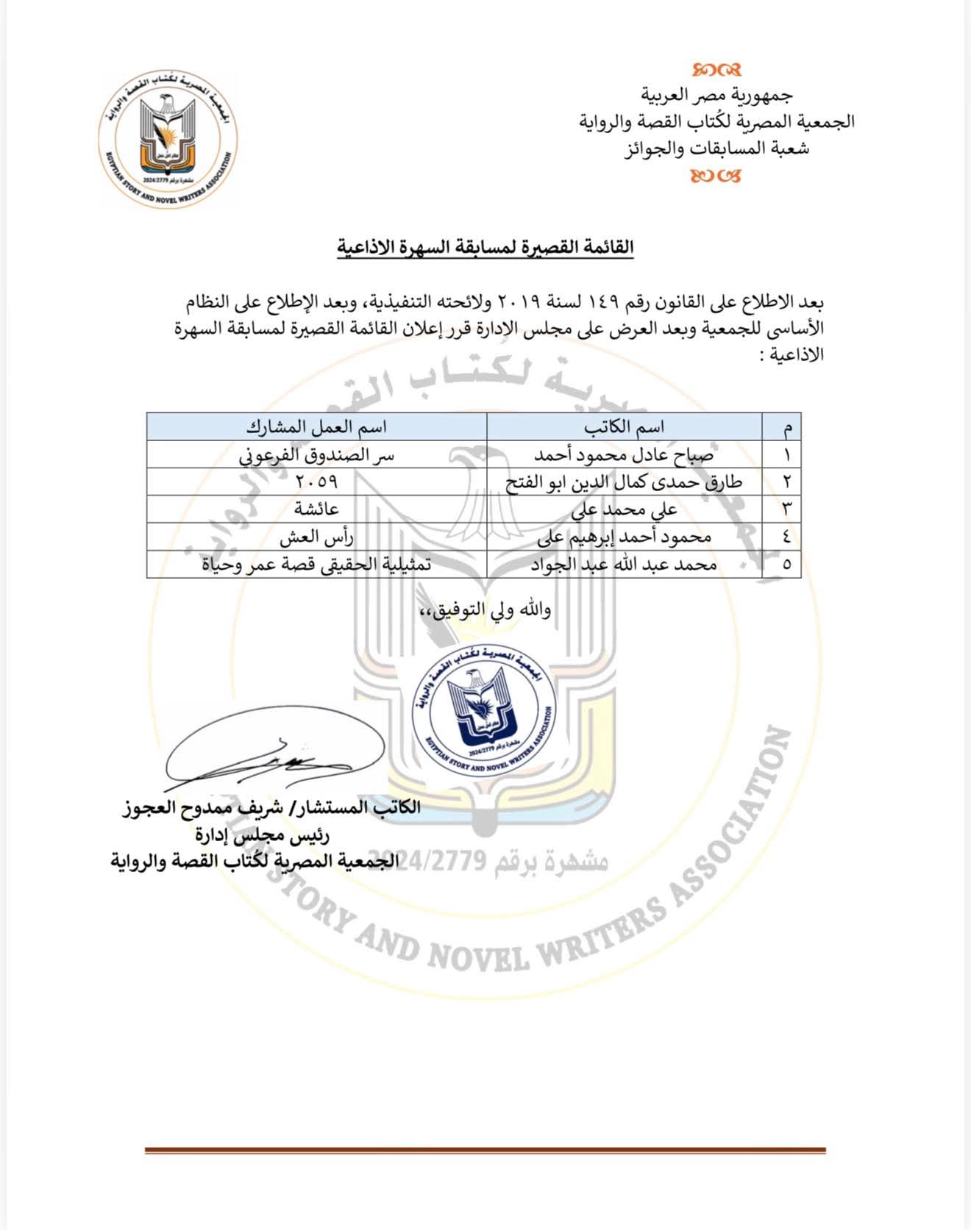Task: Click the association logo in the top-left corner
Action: click(x=168, y=140)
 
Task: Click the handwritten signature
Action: click(x=274, y=756)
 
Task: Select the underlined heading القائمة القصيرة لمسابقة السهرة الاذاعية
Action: click(x=485, y=248)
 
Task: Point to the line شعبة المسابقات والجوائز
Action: click(x=716, y=149)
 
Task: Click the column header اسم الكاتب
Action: click(x=624, y=427)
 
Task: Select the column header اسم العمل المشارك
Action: click(x=316, y=427)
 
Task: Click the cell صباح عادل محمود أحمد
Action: click(x=624, y=455)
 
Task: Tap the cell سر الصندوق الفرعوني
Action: click(x=316, y=455)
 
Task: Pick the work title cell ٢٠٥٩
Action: click(x=316, y=482)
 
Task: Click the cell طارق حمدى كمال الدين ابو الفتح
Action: click(x=624, y=482)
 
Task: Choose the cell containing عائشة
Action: click(x=316, y=509)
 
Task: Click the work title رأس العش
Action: click(x=316, y=537)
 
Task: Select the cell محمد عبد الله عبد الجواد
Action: click(x=624, y=565)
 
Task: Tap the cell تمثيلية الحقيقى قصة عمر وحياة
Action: click(x=316, y=565)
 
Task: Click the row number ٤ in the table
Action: click(x=786, y=537)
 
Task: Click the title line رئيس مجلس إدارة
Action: click(x=262, y=835)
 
